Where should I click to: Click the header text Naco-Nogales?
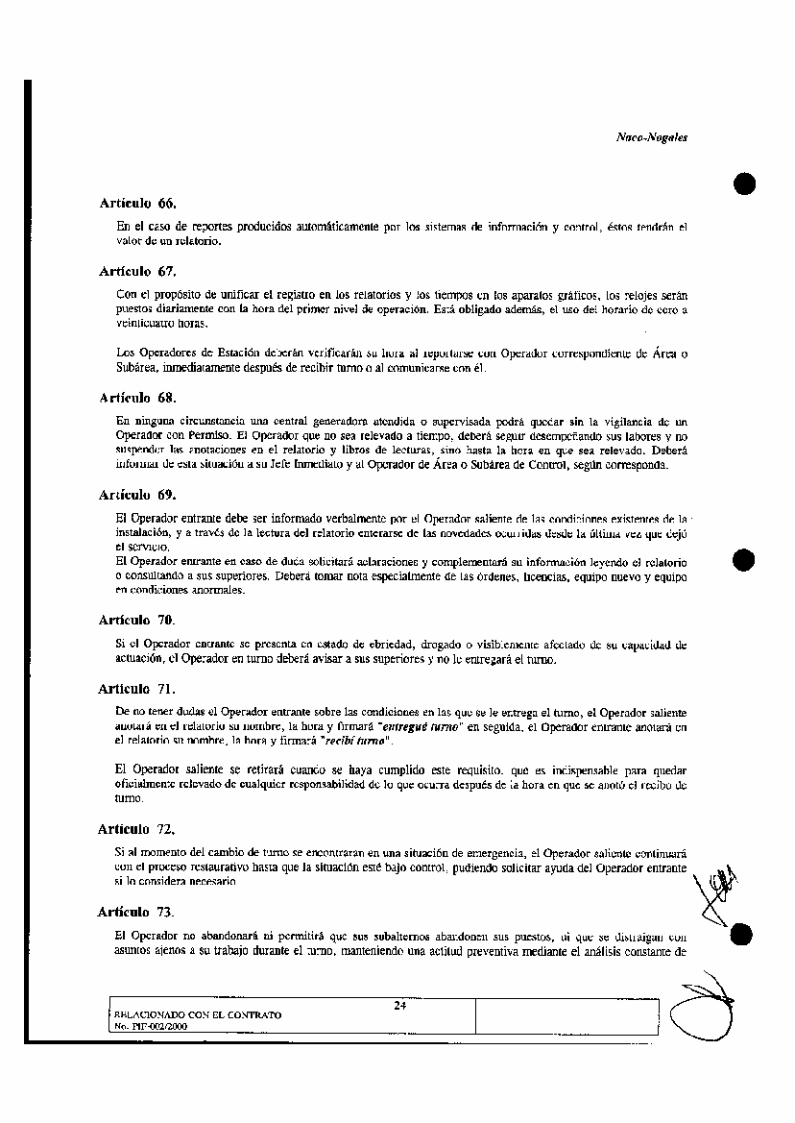pos(651,137)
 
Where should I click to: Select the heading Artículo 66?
pos(138,204)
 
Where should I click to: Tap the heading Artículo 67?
pos(138,271)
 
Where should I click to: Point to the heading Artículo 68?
pos(138,397)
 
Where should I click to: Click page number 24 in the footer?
pos(399,1006)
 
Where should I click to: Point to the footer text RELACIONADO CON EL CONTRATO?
pos(198,1014)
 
